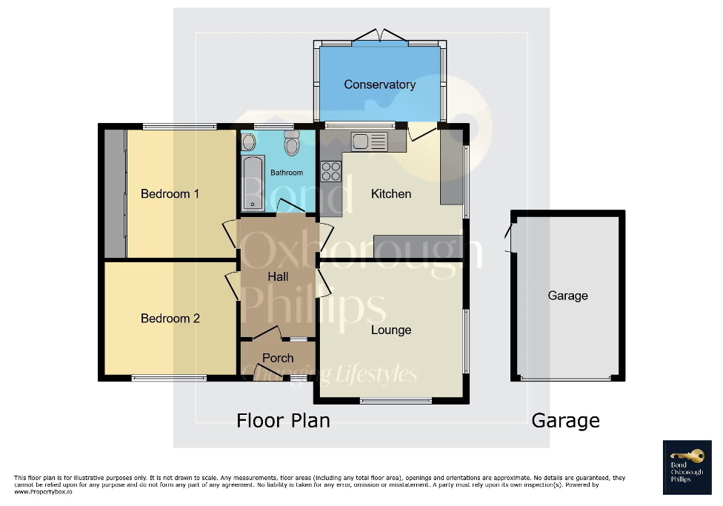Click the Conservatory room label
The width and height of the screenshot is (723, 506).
pos(379,84)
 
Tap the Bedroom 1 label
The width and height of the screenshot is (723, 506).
pos(170,194)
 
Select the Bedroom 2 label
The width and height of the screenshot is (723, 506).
pos(170,319)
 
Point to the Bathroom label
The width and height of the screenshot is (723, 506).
pos(287,173)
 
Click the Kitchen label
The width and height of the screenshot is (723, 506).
pos(391,194)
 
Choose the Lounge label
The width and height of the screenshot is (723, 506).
pos(391,330)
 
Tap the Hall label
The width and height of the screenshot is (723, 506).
pos(279,277)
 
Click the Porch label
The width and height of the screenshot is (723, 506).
pos(278,358)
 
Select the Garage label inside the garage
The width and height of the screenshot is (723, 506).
pos(567,296)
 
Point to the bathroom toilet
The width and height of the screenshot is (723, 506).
pos(291,144)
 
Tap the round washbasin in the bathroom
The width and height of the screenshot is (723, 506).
pos(249,142)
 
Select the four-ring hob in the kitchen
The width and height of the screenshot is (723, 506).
pos(331,171)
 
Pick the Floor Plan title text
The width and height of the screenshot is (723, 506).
pos(283,421)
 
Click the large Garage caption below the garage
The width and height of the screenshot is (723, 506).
pos(565,421)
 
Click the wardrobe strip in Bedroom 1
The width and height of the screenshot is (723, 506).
pos(115,194)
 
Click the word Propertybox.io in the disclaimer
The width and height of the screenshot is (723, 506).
pos(43,491)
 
